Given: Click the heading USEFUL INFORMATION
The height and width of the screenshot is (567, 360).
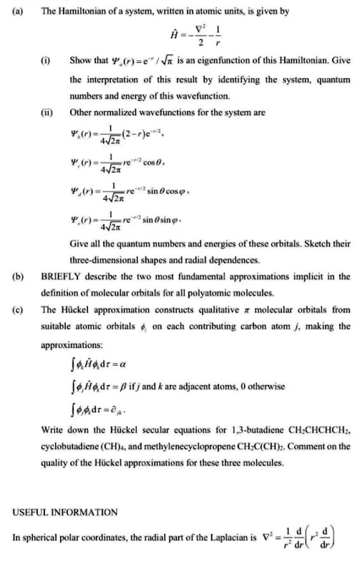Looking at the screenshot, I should click(x=65, y=511).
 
